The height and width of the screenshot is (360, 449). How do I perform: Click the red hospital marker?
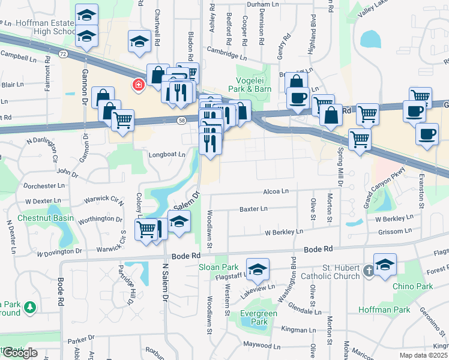(139, 85)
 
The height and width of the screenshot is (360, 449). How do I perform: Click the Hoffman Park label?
(384, 310)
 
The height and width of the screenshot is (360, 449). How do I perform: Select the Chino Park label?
(413, 286)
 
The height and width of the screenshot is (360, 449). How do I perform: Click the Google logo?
(20, 353)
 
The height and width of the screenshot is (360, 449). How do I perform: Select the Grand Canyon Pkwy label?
(385, 187)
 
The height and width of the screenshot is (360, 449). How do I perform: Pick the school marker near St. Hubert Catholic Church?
(385, 263)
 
